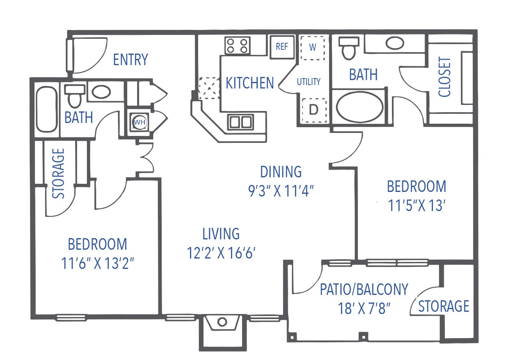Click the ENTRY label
(x=130, y=60)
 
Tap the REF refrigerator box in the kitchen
(x=282, y=46)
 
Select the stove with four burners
(x=237, y=46)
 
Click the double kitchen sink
(x=240, y=122)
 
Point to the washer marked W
(x=312, y=47)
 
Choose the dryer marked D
(x=313, y=110)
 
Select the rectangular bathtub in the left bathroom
(x=46, y=109)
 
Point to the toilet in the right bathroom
(x=349, y=48)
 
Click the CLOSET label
(x=444, y=77)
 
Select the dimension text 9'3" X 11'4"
(x=281, y=190)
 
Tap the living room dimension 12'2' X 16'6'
(x=221, y=253)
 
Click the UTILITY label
(x=308, y=82)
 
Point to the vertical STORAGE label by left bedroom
(x=59, y=173)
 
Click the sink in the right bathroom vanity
(x=395, y=43)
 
